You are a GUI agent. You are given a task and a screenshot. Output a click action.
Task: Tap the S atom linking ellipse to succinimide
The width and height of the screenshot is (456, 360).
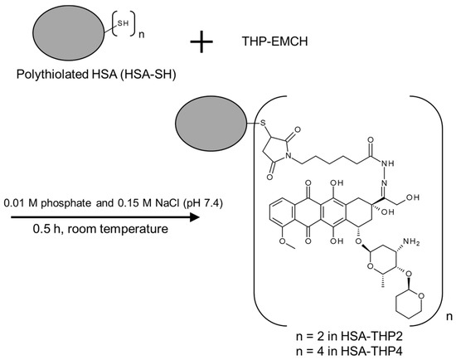click(264, 126)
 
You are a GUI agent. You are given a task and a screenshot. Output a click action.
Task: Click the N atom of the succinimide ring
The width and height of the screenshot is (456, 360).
click(289, 158)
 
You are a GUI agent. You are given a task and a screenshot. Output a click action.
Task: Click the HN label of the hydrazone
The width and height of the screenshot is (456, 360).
click(390, 163)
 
